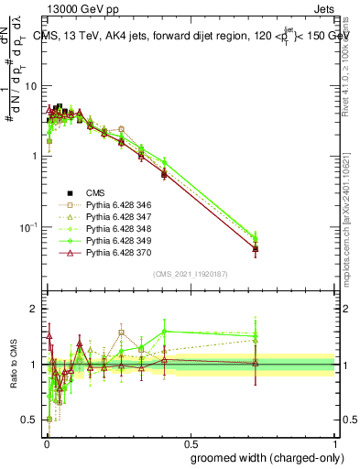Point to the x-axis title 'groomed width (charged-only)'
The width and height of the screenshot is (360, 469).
pos(263,456)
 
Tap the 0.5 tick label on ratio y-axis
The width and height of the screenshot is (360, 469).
pos(29,420)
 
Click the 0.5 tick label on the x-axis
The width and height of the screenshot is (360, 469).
pos(191,442)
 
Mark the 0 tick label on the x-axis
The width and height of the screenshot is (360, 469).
pos(45,442)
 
